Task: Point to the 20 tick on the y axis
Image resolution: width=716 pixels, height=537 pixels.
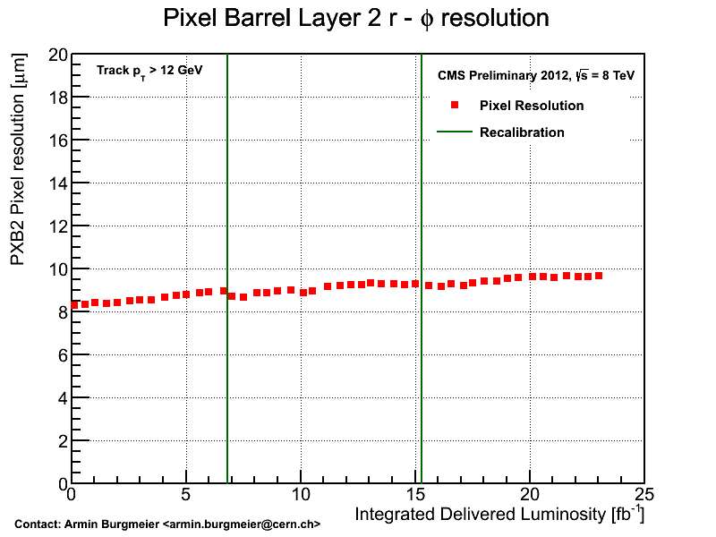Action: pos(59,55)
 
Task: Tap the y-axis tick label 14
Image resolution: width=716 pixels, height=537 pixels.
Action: pos(59,183)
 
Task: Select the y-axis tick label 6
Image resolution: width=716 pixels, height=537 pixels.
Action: pos(63,355)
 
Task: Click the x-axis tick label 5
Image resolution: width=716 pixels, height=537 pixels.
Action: pos(186,495)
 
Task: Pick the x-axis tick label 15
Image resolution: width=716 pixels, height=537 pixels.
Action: pos(414,495)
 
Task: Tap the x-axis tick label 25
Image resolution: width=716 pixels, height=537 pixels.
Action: pos(644,495)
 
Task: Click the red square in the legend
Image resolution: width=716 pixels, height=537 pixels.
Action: pos(455,106)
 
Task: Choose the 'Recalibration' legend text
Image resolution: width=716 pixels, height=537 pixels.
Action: pos(522,132)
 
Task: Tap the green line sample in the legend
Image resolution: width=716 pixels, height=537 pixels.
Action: pos(454,132)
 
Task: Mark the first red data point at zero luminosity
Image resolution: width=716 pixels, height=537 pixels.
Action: pos(74,305)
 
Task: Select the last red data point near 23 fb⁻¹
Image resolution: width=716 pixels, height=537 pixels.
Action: pos(599,276)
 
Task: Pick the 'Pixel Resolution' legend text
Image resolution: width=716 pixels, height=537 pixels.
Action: pos(532,106)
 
